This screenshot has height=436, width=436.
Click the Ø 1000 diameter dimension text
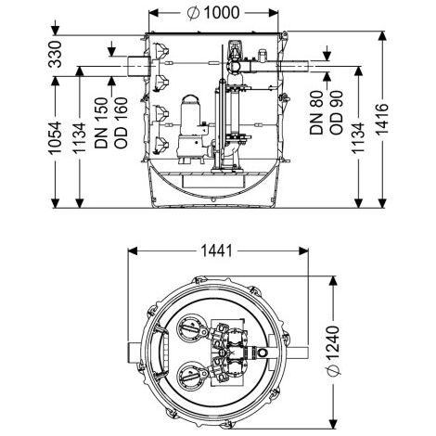coord(213,13)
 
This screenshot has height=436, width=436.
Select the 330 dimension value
coord(56,54)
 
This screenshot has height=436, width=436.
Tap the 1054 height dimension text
coord(55,138)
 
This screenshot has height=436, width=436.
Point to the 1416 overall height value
coord(382,119)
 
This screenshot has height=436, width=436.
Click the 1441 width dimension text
coord(216,251)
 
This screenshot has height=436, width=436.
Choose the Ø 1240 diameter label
coord(333,351)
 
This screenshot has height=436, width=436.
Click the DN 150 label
coord(102,122)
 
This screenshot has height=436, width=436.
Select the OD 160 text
coord(121,122)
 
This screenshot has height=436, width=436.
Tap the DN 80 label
coord(316,112)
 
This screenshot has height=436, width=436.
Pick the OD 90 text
coord(336,112)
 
